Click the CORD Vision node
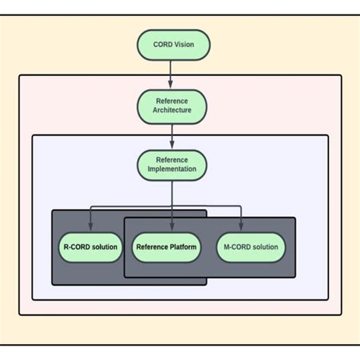tap(172, 44)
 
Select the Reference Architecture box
tap(172, 106)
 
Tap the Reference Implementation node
tap(172, 165)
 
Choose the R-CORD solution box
tap(90, 247)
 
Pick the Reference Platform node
tap(166, 247)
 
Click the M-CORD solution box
tap(251, 247)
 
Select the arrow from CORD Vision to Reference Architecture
tap(172, 74)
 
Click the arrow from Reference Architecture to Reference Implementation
tap(172, 135)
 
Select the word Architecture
tap(172, 111)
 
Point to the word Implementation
tap(172, 170)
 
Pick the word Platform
tap(183, 247)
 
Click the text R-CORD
tap(76, 247)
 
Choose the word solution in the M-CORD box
tap(265, 247)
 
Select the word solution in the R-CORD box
tap(105, 247)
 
